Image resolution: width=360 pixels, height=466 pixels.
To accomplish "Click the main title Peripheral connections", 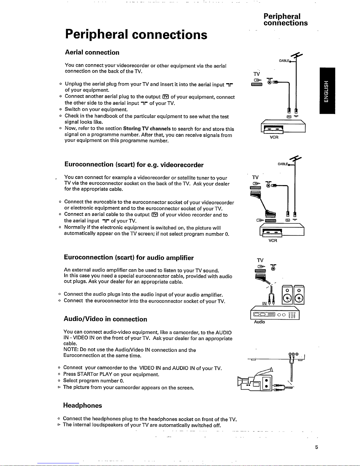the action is pyautogui.click(x=136, y=35).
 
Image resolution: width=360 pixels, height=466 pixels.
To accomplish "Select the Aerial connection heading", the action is pyautogui.click(x=92, y=52).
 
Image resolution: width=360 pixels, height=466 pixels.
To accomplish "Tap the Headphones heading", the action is pyautogui.click(x=83, y=405).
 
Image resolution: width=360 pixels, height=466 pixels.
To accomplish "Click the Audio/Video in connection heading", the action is pyautogui.click(x=106, y=319).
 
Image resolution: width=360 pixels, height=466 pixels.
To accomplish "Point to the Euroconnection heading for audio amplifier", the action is pyautogui.click(x=129, y=257).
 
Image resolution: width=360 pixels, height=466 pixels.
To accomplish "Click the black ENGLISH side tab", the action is pyautogui.click(x=327, y=91).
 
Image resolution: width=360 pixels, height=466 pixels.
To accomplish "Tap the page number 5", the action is pyautogui.click(x=317, y=447).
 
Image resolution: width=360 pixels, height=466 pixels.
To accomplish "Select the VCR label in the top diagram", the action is pyautogui.click(x=274, y=137).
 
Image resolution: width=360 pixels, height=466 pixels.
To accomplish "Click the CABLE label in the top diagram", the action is pyautogui.click(x=284, y=61).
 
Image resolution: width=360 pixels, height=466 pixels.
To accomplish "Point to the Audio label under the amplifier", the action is pyautogui.click(x=259, y=322).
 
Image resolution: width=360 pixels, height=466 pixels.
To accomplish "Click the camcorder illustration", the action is pyautogui.click(x=255, y=380).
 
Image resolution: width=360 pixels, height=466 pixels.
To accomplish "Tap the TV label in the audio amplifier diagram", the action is pyautogui.click(x=260, y=260).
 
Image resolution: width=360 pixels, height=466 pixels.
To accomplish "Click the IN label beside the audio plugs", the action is pyautogui.click(x=264, y=303).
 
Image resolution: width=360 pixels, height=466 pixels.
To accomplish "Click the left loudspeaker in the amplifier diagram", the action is pyautogui.click(x=287, y=295).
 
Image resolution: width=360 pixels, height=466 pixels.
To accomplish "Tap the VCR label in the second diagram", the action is pyautogui.click(x=273, y=240).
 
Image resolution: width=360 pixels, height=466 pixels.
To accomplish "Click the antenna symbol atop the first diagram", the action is pyautogui.click(x=297, y=55).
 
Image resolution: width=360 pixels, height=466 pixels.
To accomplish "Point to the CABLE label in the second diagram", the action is pyautogui.click(x=283, y=164).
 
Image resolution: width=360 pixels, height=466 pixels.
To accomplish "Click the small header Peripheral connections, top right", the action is pyautogui.click(x=285, y=19).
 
